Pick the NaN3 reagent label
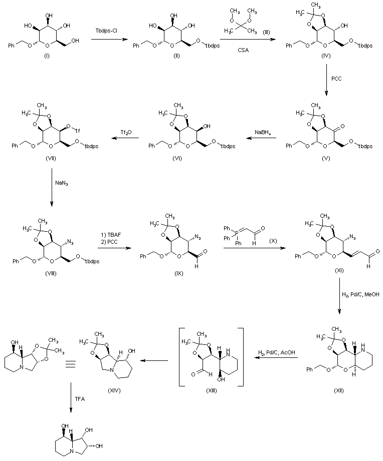coord(62,184)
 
